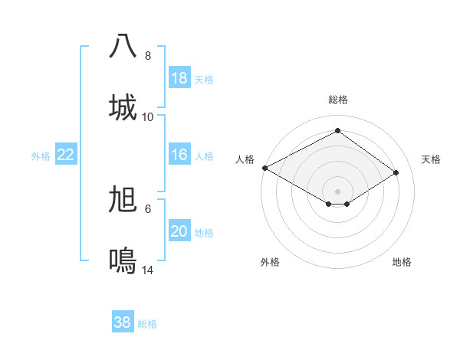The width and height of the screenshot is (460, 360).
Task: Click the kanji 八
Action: [123, 47]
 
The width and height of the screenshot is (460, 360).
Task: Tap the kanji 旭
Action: [123, 200]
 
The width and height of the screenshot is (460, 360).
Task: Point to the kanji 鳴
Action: [123, 260]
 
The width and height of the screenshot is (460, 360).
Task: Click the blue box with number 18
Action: [179, 78]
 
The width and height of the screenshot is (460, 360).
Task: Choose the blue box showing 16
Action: [179, 155]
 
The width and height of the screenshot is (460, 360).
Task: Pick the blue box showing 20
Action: [179, 231]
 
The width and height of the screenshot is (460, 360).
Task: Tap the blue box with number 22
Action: [66, 155]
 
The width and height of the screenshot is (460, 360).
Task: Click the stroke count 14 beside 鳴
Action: [148, 270]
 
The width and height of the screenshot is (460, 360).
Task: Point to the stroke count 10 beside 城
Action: [148, 116]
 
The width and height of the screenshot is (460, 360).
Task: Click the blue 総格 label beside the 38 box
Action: [147, 324]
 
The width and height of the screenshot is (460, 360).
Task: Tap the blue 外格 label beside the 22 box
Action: [41, 156]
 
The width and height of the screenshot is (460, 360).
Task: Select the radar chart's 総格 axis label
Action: [338, 100]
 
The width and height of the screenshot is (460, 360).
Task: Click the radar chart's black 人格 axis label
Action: [245, 159]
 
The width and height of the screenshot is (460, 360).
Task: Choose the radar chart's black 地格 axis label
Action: [402, 262]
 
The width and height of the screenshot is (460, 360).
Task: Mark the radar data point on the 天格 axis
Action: [396, 173]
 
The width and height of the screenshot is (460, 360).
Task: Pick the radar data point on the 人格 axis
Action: [264, 168]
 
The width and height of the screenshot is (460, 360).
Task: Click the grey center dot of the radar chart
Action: [337, 191]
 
